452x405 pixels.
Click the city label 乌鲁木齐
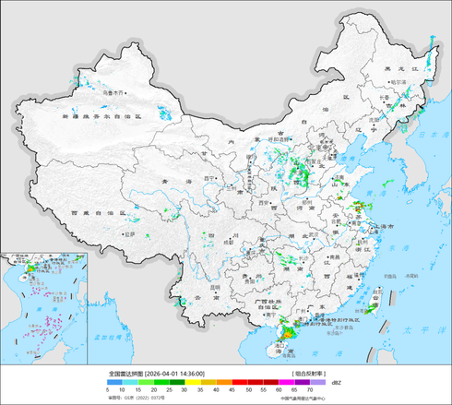click(x=113, y=93)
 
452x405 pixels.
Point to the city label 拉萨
click(x=130, y=234)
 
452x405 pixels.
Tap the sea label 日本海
click(x=427, y=137)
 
